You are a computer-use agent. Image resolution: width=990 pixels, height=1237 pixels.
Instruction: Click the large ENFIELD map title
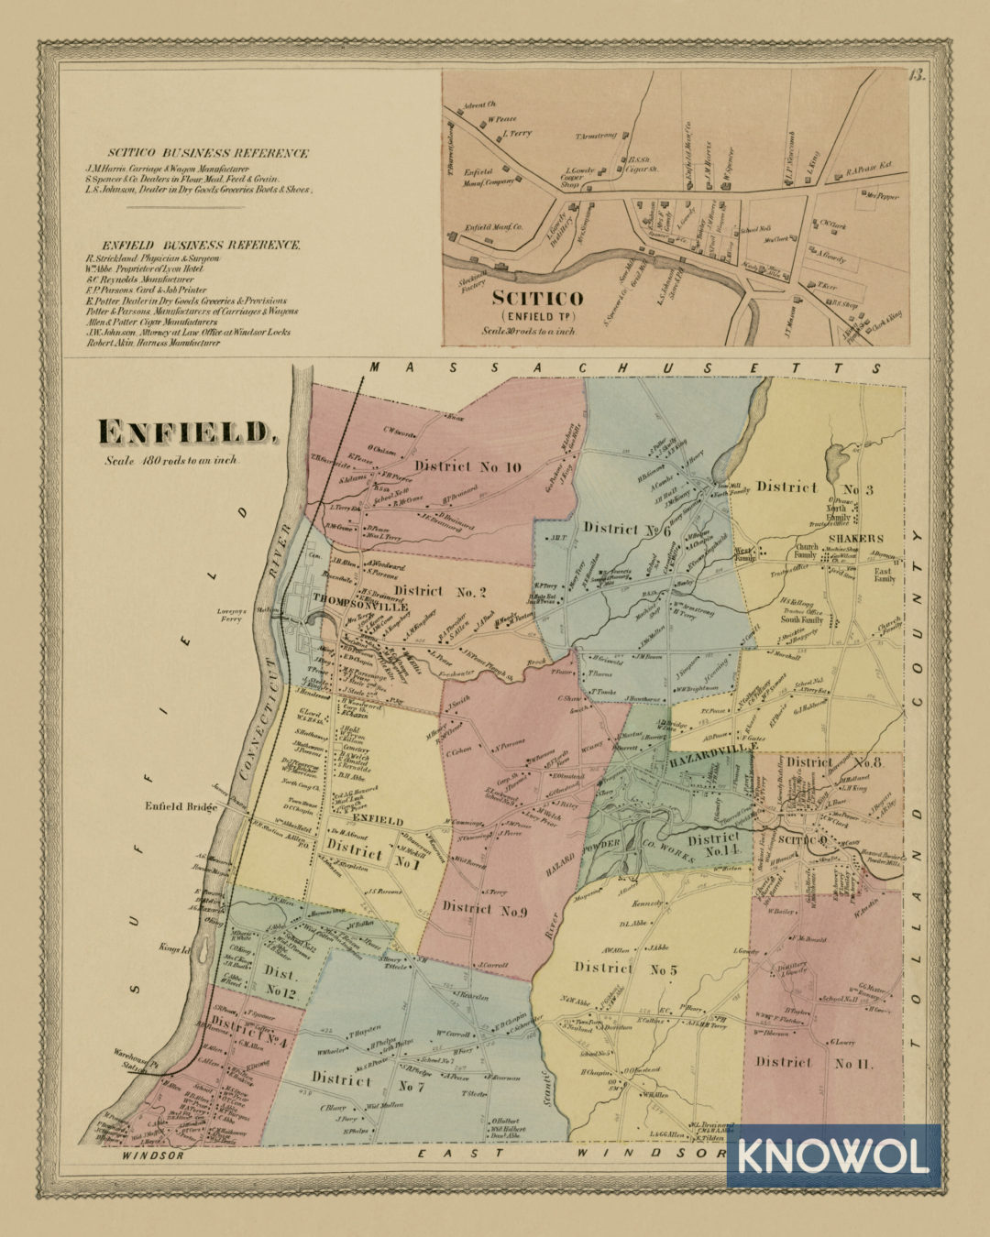tap(188, 432)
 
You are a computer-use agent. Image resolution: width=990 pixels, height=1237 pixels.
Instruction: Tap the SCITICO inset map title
tap(538, 298)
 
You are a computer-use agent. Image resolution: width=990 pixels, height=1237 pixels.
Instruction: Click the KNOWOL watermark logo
tap(833, 1155)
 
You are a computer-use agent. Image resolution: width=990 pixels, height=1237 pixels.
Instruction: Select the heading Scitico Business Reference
tap(207, 153)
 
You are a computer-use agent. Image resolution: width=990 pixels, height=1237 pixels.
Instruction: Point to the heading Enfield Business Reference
tap(201, 245)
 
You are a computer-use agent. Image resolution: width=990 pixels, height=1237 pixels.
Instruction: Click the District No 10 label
tap(467, 466)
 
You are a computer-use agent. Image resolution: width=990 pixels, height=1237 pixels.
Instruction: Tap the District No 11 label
tap(815, 1063)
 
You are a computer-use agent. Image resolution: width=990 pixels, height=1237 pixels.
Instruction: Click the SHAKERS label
tap(855, 538)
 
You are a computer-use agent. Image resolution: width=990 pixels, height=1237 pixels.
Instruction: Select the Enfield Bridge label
tap(181, 807)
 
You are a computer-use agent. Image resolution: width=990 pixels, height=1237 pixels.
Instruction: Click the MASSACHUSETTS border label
tap(623, 367)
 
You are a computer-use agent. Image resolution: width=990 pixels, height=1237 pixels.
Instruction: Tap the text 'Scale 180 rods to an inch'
tap(171, 460)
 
